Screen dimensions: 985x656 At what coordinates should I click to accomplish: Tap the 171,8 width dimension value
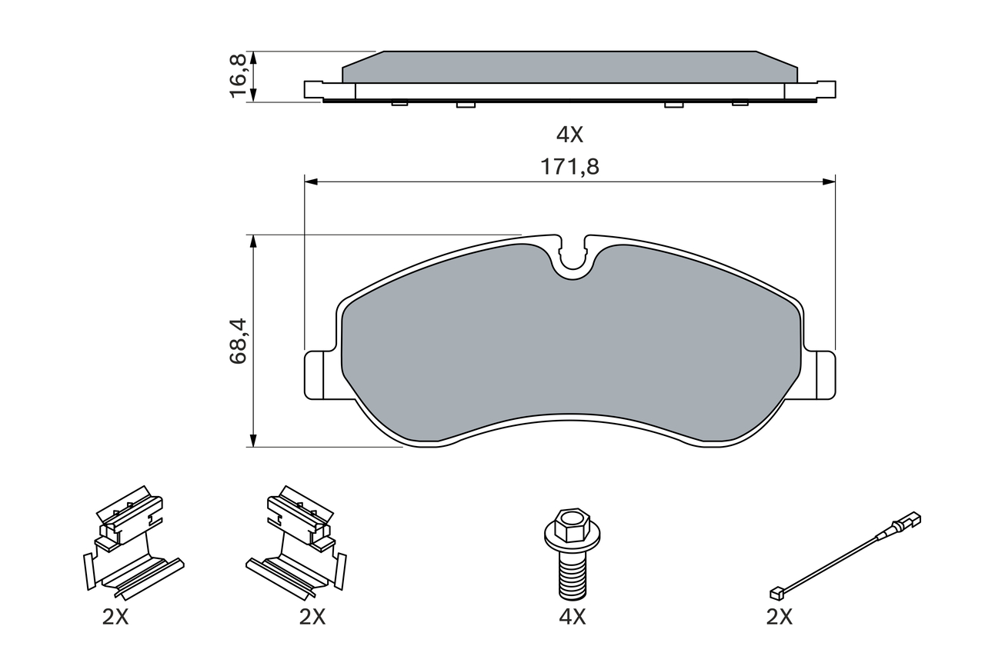pos(569,167)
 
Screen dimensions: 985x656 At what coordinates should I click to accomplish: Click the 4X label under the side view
pos(570,135)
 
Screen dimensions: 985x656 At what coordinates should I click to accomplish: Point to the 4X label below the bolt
pos(573,617)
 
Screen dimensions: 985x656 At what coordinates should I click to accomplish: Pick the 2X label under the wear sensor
pos(780,617)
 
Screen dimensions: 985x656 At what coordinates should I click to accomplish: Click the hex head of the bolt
pos(572,525)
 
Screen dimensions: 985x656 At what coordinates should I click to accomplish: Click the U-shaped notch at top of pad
pos(573,259)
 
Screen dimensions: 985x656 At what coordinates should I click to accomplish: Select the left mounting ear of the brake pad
pos(320,375)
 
